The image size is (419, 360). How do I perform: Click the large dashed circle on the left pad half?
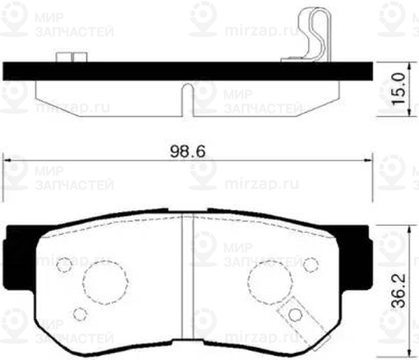point(105,283)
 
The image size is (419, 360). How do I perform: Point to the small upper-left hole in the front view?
point(64,264)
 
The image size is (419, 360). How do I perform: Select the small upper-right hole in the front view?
point(311,264)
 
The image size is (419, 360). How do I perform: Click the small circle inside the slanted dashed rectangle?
point(296,314)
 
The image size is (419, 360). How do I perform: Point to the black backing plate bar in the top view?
point(189,70)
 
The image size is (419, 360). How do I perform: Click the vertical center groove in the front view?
point(186,279)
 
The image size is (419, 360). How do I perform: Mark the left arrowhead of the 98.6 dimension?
point(8,160)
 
